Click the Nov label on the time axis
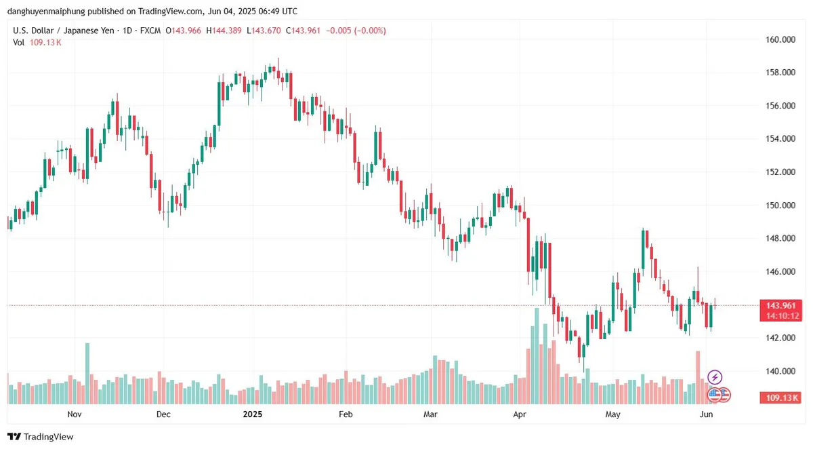(75, 414)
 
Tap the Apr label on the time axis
(520, 414)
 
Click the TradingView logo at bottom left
(41, 437)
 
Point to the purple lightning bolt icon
(715, 377)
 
